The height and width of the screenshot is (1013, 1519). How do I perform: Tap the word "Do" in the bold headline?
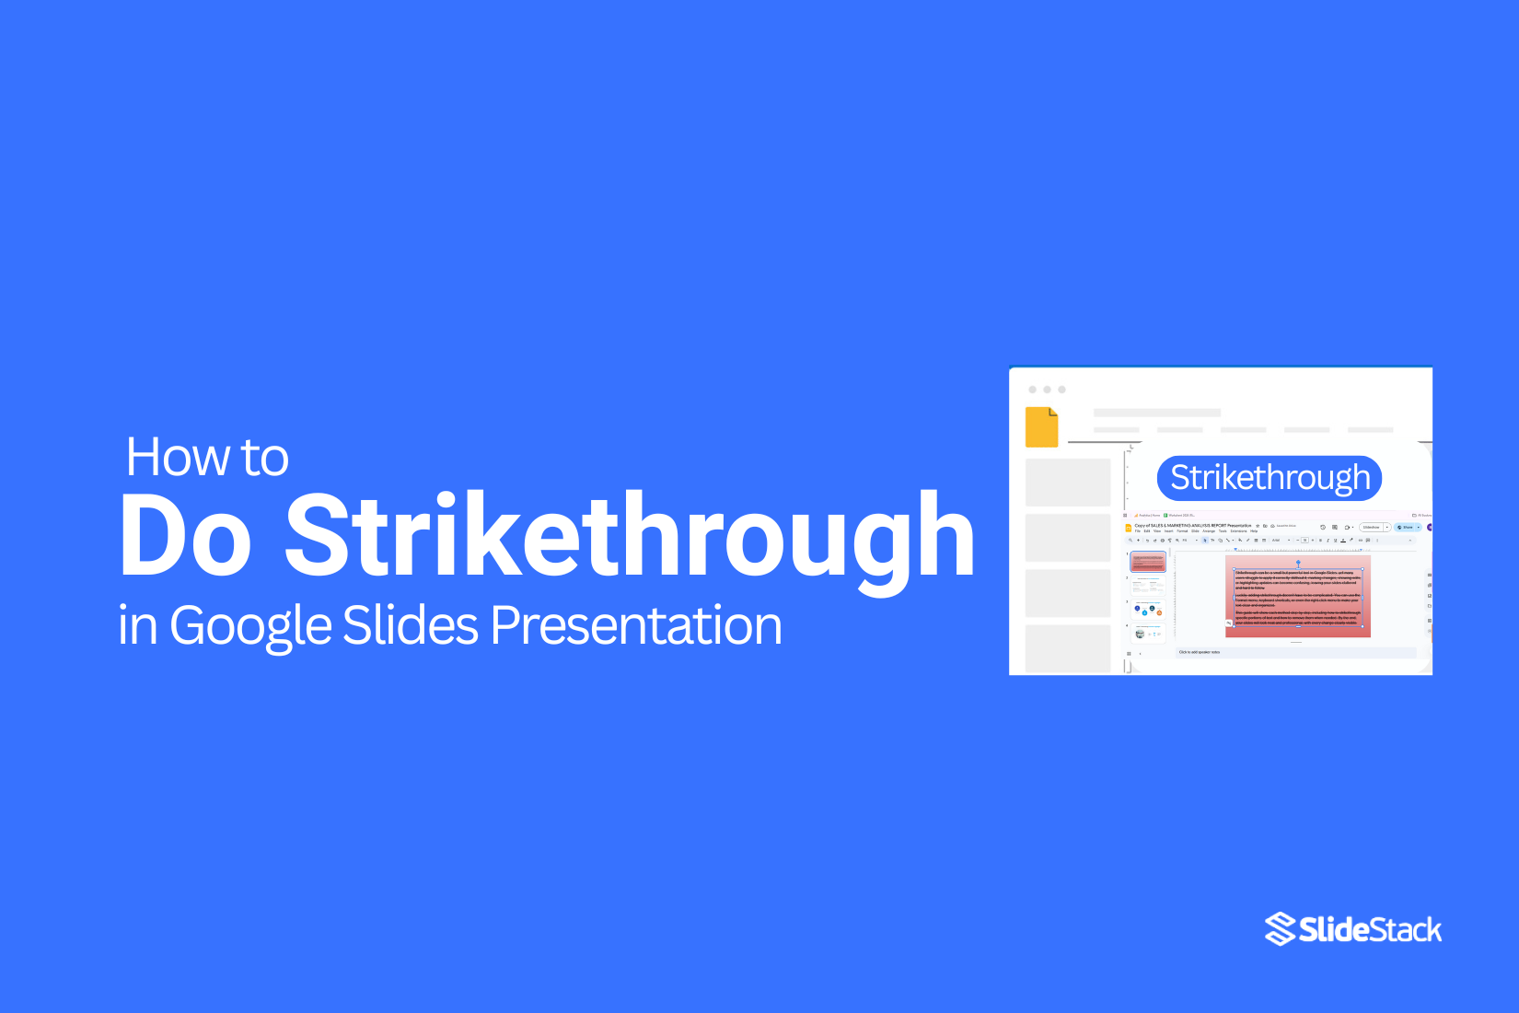coord(185,536)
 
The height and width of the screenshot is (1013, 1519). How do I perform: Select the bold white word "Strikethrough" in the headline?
coord(630,536)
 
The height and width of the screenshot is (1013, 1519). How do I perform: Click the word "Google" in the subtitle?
coord(250,626)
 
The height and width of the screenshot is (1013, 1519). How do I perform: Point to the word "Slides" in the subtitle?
coord(411,625)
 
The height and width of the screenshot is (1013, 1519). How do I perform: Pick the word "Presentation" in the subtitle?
coord(636,625)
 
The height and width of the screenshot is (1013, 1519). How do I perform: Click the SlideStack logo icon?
coord(1280,929)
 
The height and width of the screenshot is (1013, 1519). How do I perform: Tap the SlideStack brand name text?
coord(1370,930)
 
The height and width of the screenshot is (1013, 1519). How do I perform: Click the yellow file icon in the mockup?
coord(1041,427)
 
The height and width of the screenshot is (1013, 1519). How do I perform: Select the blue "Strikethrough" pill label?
coord(1270,478)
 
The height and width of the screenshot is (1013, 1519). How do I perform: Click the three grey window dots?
coord(1047,390)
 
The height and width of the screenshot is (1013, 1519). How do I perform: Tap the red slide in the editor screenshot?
coord(1297,596)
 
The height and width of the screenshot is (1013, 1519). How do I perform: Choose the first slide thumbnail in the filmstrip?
coord(1148,561)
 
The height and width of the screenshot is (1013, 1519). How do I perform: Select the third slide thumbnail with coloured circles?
coord(1148,610)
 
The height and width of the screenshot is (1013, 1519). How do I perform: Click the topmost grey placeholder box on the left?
coord(1068,482)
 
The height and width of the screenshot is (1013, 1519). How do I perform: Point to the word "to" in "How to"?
coord(265,457)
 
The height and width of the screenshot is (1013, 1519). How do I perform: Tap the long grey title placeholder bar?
coord(1157,413)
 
